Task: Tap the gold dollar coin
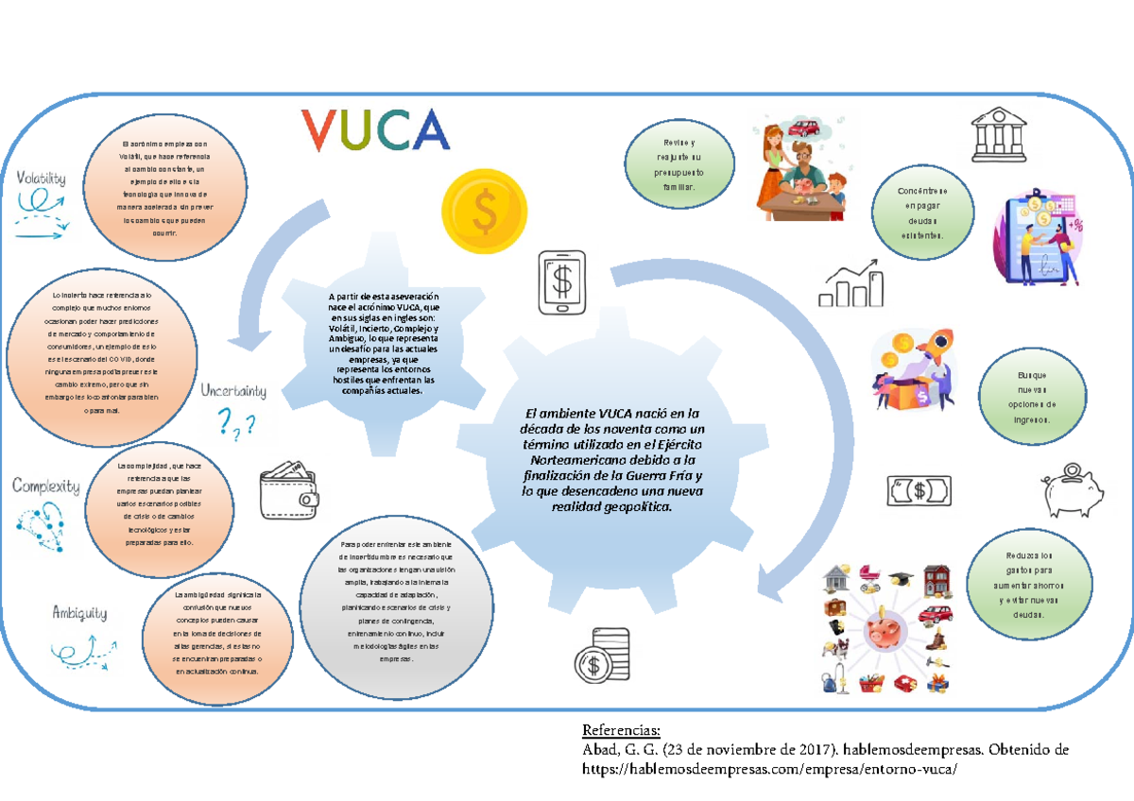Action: [x=484, y=213]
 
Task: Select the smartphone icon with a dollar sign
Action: [x=564, y=282]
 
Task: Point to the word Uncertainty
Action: [x=232, y=391]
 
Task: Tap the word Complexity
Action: [x=45, y=486]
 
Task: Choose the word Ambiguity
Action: [x=79, y=613]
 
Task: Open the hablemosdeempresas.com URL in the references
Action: [x=763, y=770]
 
